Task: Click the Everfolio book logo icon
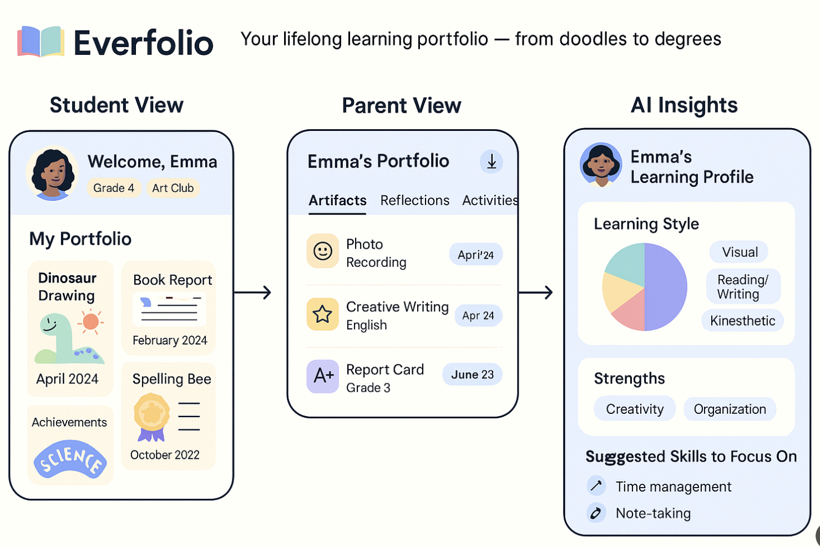click(41, 42)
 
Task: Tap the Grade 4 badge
click(114, 188)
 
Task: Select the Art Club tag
click(173, 188)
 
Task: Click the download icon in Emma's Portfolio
click(492, 161)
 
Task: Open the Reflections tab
click(414, 200)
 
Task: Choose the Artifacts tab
click(337, 200)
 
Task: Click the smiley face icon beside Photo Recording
click(322, 251)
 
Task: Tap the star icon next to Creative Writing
click(322, 315)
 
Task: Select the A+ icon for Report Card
click(322, 376)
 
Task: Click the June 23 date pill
click(472, 374)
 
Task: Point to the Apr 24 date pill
click(478, 316)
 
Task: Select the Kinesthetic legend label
click(742, 321)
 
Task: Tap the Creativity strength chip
click(635, 409)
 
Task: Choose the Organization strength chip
click(730, 409)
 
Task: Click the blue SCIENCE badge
click(70, 459)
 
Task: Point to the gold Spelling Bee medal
click(151, 414)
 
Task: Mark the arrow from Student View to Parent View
click(252, 292)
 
